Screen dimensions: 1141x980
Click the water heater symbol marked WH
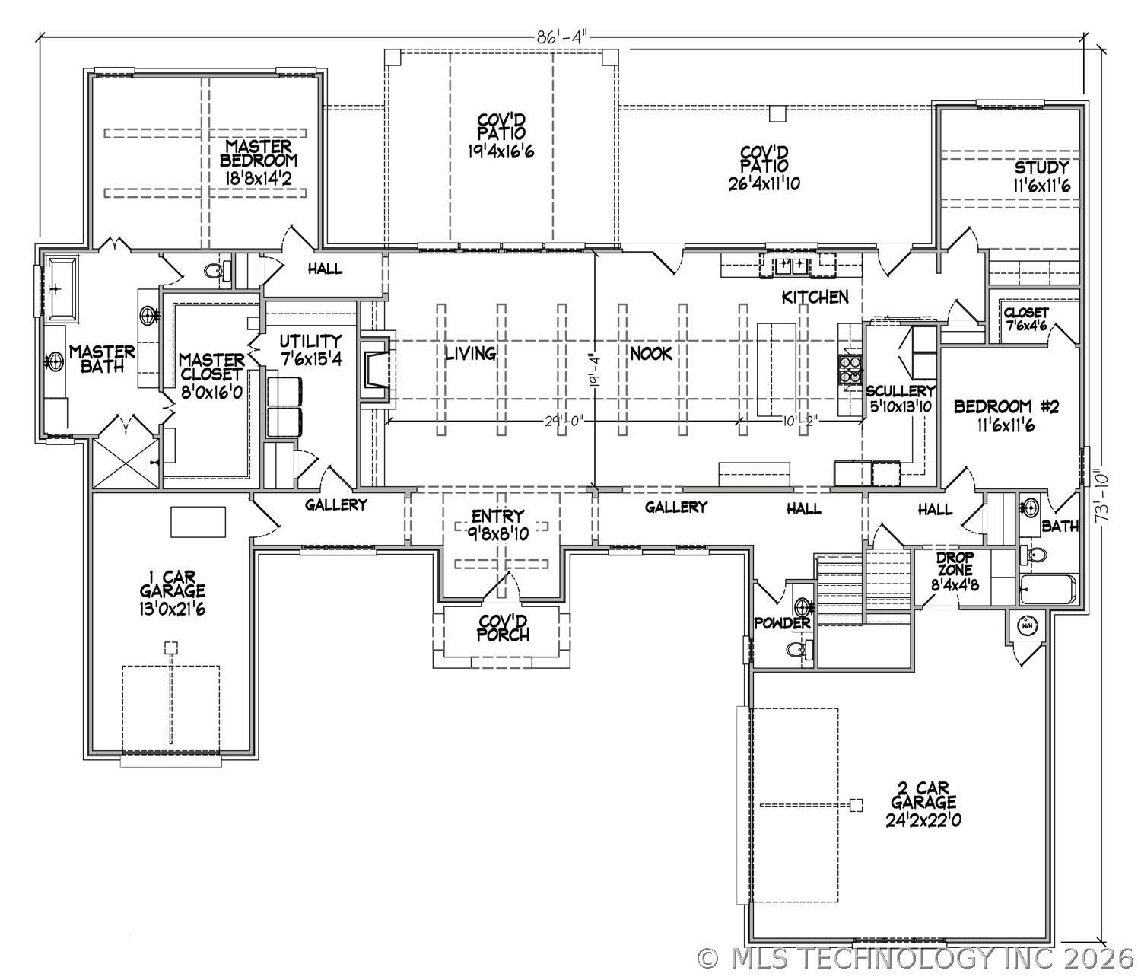(x=1027, y=625)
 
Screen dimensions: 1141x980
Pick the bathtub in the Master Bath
(x=61, y=288)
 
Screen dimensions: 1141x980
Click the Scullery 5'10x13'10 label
(x=901, y=399)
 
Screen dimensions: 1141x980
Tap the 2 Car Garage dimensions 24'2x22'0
(x=923, y=820)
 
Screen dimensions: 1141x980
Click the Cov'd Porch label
(x=502, y=628)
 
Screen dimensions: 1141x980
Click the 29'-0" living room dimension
(x=564, y=422)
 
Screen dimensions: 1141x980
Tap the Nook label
(x=651, y=354)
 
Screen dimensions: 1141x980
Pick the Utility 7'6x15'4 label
(x=310, y=349)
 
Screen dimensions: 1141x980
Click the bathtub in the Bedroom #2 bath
(x=1048, y=590)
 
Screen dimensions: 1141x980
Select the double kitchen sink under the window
(x=792, y=266)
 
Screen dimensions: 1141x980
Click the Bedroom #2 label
(x=1006, y=415)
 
